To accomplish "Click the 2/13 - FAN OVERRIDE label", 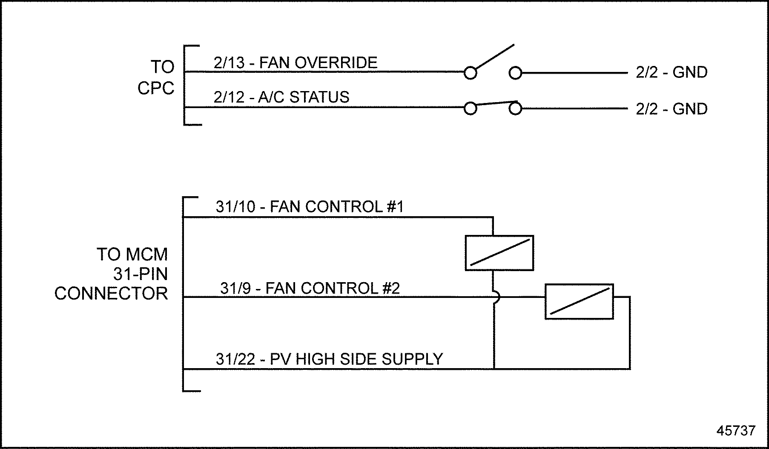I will tap(296, 63).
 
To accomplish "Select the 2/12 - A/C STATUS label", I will tap(281, 97).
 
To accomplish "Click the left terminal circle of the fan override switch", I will tap(470, 73).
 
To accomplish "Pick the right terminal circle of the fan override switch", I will tap(515, 73).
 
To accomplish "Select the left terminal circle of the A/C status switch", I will tap(470, 109).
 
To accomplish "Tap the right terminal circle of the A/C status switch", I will tap(515, 109).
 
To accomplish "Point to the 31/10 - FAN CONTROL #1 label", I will tap(310, 207).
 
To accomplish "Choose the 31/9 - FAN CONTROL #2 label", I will tap(310, 289).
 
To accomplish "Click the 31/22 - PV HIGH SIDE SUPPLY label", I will tap(329, 359).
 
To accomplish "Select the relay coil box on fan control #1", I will tap(499, 253).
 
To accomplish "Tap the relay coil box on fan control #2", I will tap(579, 301).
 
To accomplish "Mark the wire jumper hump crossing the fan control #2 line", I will tap(496, 297).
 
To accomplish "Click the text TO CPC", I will tap(156, 77).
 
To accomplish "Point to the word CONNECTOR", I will tap(111, 294).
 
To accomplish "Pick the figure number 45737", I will tap(736, 430).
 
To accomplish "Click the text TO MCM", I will tap(132, 255).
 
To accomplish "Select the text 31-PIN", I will tap(141, 274).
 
